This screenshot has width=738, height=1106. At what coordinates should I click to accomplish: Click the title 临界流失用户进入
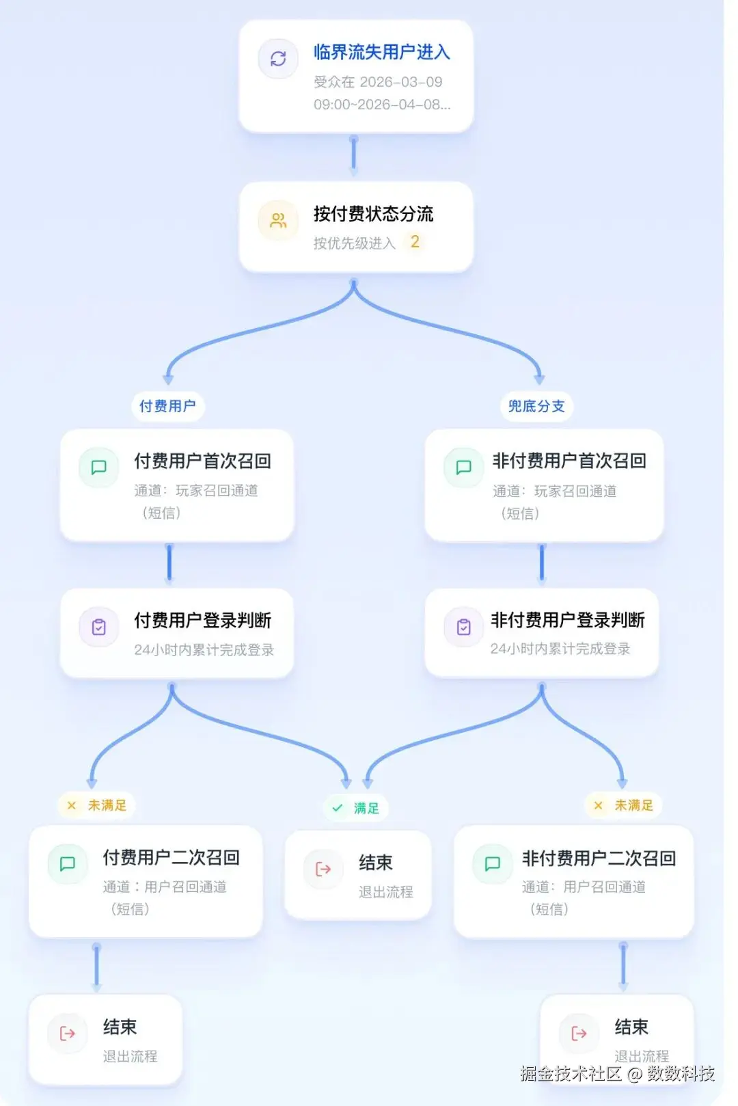click(381, 52)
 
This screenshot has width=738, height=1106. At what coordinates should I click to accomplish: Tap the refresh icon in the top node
click(278, 59)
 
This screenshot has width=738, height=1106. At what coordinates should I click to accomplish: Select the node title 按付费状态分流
click(373, 214)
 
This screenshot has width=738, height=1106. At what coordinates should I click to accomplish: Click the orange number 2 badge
click(415, 242)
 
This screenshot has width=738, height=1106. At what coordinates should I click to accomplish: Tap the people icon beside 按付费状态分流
click(278, 221)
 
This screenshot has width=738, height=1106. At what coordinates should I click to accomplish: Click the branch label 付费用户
click(167, 406)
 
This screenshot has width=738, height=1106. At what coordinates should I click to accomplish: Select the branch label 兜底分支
click(536, 406)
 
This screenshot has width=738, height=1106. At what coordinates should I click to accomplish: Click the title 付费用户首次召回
click(202, 461)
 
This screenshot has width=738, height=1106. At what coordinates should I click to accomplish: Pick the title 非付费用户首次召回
click(569, 461)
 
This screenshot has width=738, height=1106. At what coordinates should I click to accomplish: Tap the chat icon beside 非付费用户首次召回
click(464, 468)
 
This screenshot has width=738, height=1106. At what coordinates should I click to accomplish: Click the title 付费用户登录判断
click(202, 621)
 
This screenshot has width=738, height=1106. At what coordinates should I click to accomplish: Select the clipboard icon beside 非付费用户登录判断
click(464, 627)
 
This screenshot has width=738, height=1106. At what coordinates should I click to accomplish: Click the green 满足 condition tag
click(356, 808)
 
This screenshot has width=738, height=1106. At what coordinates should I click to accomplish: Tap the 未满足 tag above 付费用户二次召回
click(97, 805)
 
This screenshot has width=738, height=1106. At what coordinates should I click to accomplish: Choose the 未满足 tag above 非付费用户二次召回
click(624, 805)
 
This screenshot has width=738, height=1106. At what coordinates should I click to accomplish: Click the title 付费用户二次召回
click(172, 858)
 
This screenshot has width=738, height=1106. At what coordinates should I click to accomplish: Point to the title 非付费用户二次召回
click(599, 859)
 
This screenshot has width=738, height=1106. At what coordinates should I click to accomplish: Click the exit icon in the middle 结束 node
click(323, 869)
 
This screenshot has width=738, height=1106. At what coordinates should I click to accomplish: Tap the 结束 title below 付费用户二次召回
click(120, 1027)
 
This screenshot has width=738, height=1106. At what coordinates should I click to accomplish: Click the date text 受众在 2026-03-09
click(378, 82)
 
